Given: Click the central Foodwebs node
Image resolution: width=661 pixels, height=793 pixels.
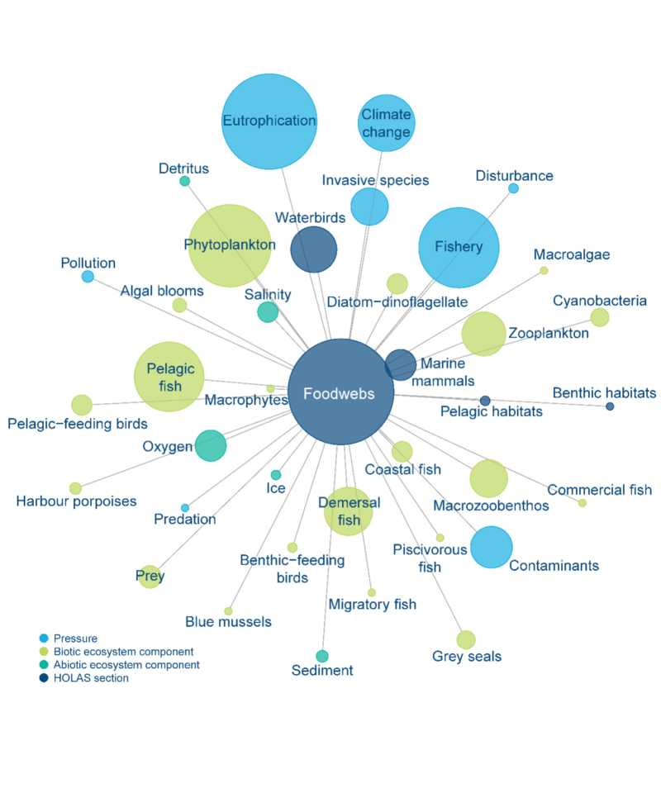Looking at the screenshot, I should click(339, 392).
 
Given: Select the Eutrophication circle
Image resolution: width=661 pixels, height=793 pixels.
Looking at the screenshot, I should click(270, 121).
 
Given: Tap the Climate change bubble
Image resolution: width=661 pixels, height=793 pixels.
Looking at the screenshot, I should click(386, 123).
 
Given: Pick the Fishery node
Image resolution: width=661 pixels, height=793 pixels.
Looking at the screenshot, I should click(459, 247).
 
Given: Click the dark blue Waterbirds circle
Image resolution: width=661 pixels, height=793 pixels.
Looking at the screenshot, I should click(314, 249).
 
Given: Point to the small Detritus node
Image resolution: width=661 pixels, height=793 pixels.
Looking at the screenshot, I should click(185, 181).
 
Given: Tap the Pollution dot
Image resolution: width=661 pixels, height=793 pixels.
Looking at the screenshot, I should click(88, 276).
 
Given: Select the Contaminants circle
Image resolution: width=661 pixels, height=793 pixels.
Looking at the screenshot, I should click(492, 547).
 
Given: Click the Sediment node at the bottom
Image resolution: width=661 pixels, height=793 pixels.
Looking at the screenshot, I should click(322, 656).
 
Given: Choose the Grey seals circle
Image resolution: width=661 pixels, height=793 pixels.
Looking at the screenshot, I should click(466, 639).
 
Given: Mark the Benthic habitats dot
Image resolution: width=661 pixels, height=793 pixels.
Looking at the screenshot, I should click(610, 406).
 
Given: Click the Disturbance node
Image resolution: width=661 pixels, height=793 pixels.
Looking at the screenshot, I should click(513, 188).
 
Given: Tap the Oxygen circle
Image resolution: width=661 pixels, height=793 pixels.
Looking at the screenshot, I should click(211, 446).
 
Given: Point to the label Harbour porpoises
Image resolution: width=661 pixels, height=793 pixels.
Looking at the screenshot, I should click(76, 501).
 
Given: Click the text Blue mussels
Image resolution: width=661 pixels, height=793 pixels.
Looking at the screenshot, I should click(228, 622).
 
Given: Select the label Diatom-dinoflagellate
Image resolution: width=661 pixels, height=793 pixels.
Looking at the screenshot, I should click(397, 302).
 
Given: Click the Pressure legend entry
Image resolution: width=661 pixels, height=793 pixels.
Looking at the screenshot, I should click(75, 639).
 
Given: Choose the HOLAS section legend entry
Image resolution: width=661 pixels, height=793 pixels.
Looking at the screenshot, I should click(91, 678).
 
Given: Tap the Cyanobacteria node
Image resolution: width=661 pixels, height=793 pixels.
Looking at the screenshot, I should click(600, 317).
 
